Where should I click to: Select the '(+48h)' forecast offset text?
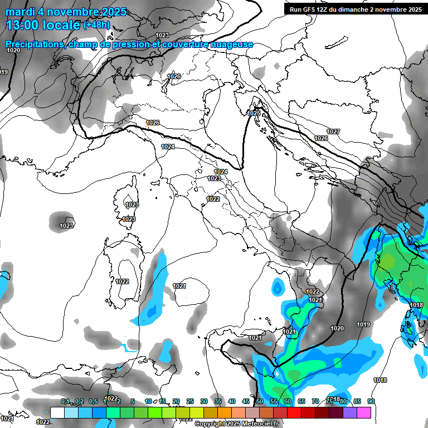click(x=96, y=25)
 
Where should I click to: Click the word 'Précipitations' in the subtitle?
click(x=33, y=44)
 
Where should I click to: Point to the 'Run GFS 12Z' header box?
click(x=355, y=9)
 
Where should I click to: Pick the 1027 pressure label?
click(x=333, y=132)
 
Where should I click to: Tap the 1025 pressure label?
click(x=254, y=113)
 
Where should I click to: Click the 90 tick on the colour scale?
click(x=371, y=401)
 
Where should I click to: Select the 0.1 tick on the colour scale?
click(x=65, y=401)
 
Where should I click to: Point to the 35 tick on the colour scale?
click(x=218, y=401)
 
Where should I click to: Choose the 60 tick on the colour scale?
click(x=288, y=401)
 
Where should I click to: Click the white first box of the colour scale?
click(x=57, y=412)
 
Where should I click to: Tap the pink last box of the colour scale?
click(x=364, y=412)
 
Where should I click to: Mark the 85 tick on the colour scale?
click(x=357, y=401)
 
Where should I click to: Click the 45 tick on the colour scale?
click(x=246, y=401)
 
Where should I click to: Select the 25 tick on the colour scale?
click(x=190, y=401)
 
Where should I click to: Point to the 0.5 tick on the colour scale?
click(x=93, y=401)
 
